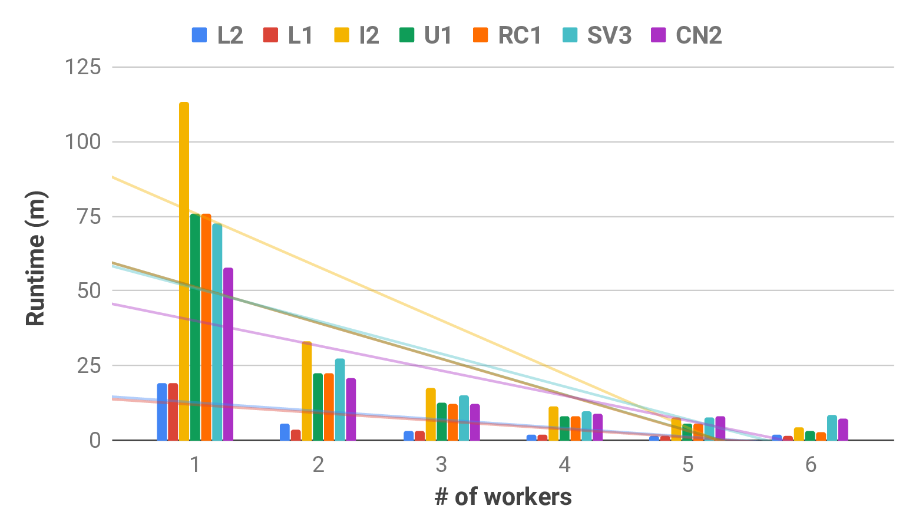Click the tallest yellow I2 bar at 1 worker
[x=184, y=271]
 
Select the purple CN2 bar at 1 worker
[x=228, y=354]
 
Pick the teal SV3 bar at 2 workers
[x=340, y=399]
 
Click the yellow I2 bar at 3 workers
[x=431, y=414]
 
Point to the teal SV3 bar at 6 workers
[x=832, y=427]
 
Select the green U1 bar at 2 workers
[x=318, y=407]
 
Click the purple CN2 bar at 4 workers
[x=597, y=427]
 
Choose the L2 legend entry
[x=217, y=35]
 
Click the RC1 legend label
[x=519, y=35]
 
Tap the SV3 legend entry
[x=609, y=35]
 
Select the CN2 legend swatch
[x=658, y=35]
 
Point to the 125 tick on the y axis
[x=83, y=67]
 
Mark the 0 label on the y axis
[x=95, y=440]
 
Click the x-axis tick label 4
[x=564, y=465]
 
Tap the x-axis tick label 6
[x=811, y=465]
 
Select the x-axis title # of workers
[x=503, y=497]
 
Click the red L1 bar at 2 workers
[x=296, y=435]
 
